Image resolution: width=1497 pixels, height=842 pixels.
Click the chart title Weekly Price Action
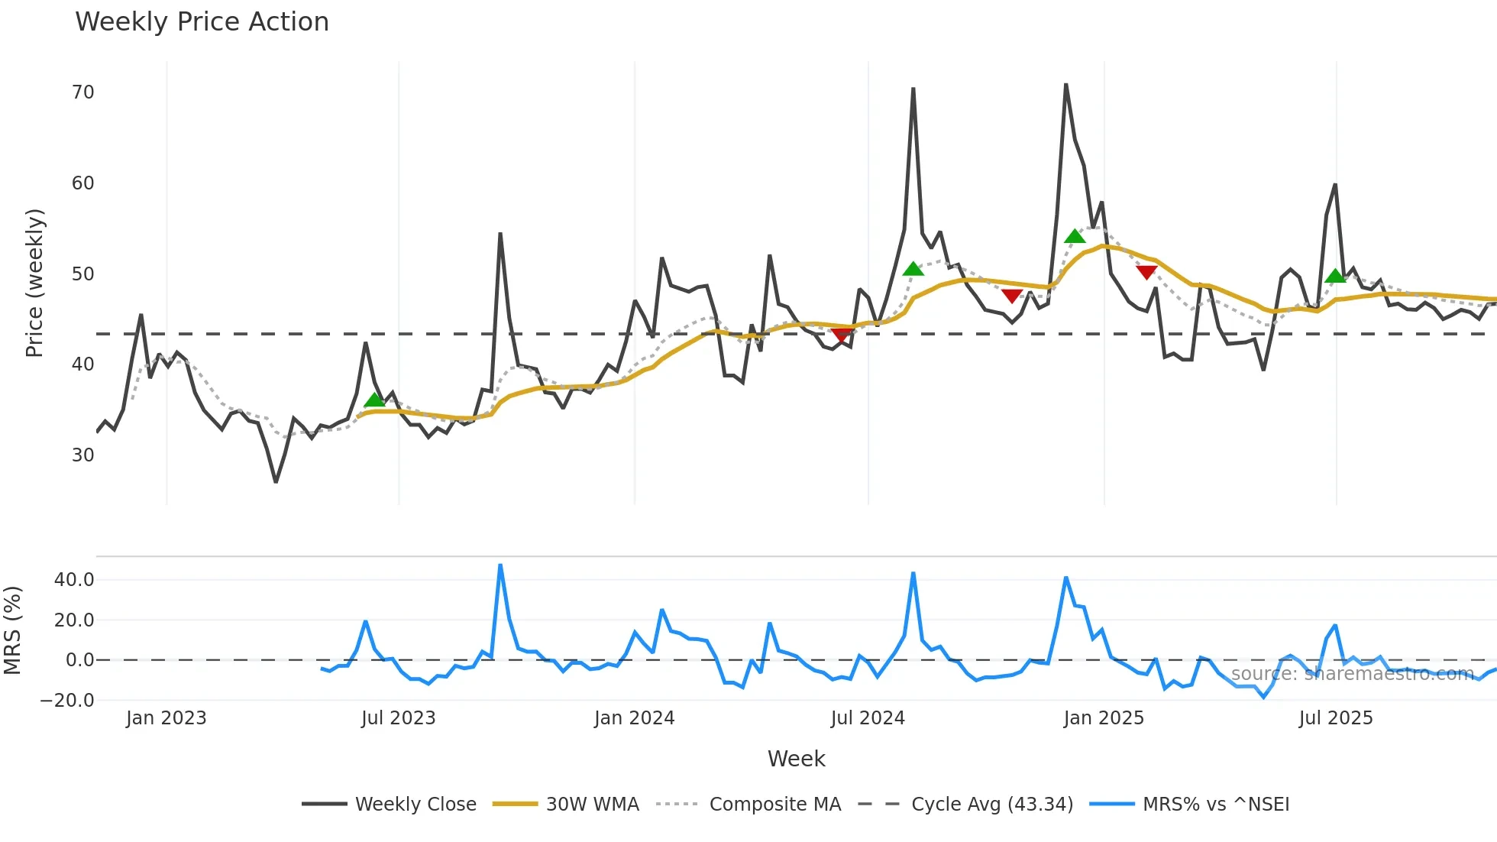pos(202,21)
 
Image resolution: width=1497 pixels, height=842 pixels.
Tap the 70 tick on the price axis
pos(82,92)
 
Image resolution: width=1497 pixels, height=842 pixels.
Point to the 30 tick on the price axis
pos(82,455)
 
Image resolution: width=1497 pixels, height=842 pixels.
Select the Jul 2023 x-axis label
pos(398,718)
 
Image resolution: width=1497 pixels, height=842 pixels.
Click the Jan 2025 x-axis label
pos(1104,718)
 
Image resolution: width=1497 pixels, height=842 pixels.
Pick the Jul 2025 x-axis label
pos(1336,718)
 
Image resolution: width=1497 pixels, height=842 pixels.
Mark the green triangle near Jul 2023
pos(374,400)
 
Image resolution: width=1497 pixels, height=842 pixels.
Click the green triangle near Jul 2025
pos(1335,276)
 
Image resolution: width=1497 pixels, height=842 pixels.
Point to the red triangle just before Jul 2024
pos(842,335)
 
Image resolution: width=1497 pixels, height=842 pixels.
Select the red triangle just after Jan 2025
pos(1146,272)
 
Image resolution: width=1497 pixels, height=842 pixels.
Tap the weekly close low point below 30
pos(276,481)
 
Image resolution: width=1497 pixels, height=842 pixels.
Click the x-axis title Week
pos(796,759)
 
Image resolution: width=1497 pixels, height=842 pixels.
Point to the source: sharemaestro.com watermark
pos(1352,674)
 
